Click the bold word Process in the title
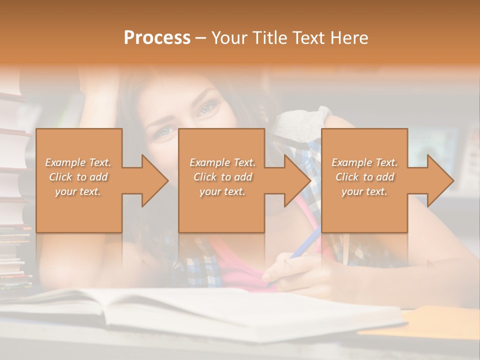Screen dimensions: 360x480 (157, 38)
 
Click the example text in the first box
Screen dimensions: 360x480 (78, 177)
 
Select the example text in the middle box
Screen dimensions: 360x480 (222, 177)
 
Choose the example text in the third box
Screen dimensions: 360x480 (364, 177)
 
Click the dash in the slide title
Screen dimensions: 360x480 (200, 38)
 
